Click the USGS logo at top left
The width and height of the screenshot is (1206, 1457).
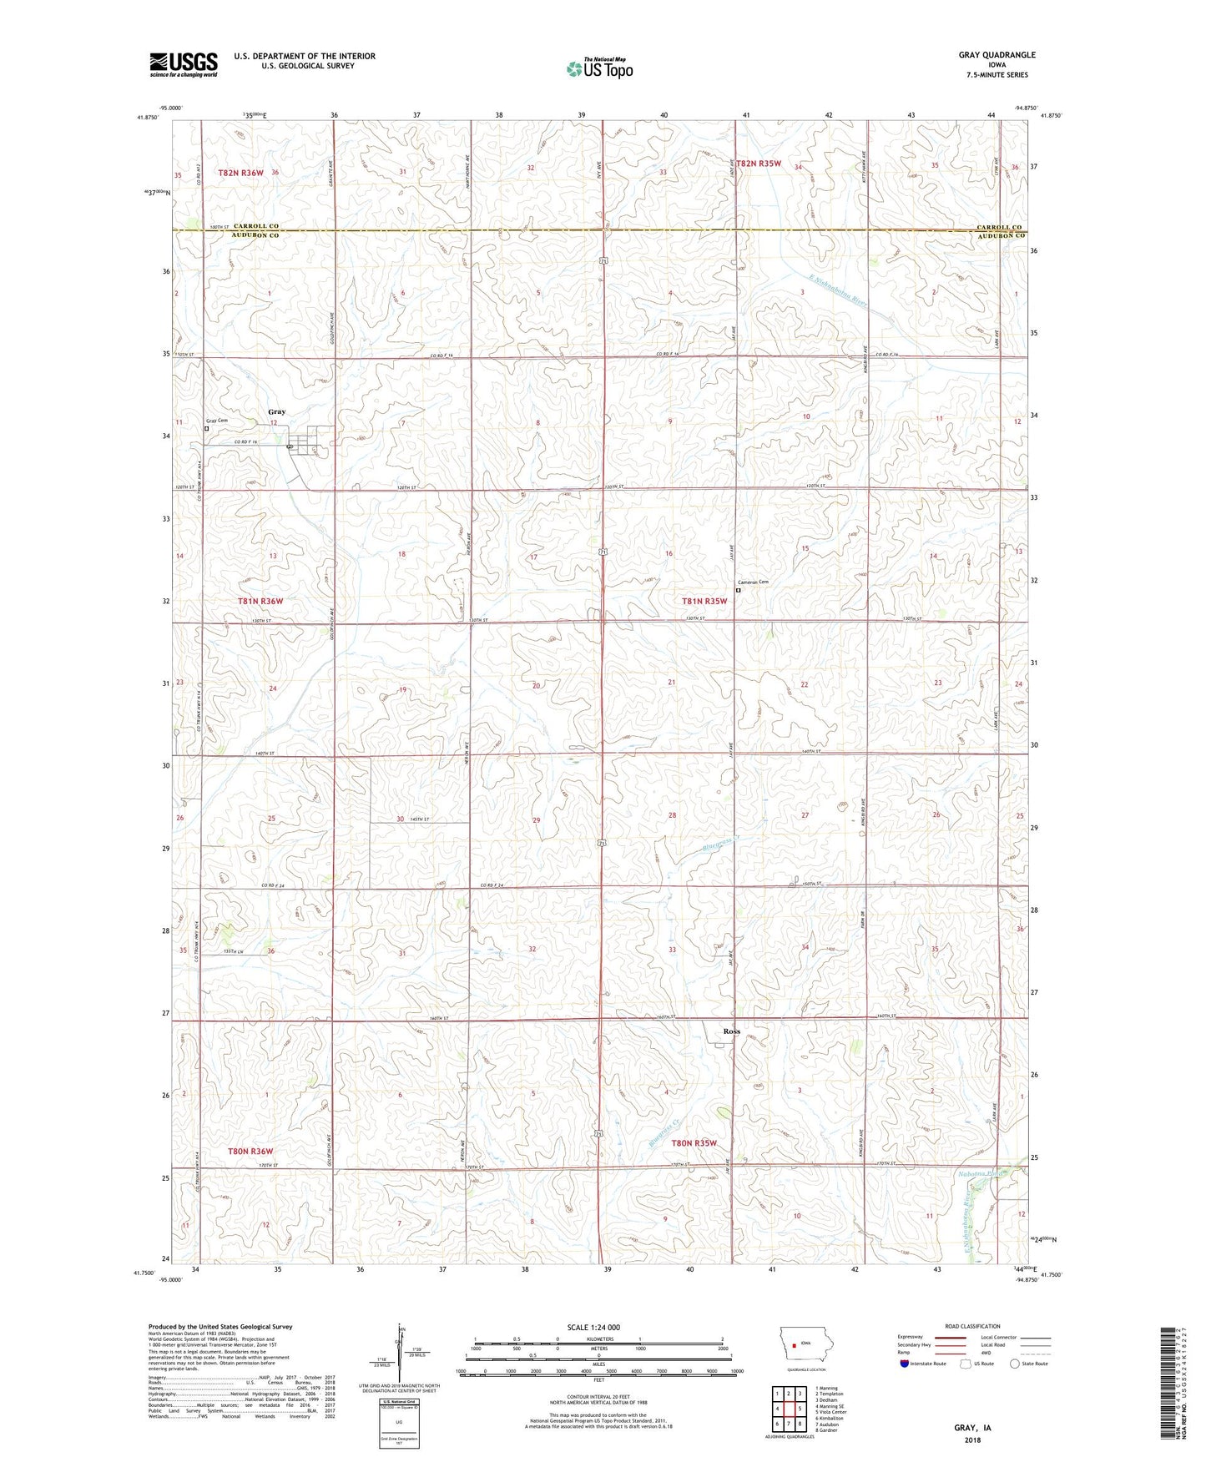tap(183, 64)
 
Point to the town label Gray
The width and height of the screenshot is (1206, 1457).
tap(276, 411)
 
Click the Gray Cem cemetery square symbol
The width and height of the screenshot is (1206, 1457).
tap(207, 429)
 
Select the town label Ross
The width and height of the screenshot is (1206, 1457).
tap(731, 1031)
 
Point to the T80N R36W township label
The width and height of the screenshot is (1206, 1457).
tap(251, 1152)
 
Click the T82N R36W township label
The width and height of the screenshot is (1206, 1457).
tap(240, 173)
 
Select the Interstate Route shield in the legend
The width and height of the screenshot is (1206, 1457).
tap(905, 1364)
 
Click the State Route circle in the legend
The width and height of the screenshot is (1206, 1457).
tap(1015, 1364)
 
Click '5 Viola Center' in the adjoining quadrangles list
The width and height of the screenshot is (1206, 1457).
tap(828, 1412)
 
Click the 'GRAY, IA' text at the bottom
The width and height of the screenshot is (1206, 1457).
tap(972, 1428)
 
